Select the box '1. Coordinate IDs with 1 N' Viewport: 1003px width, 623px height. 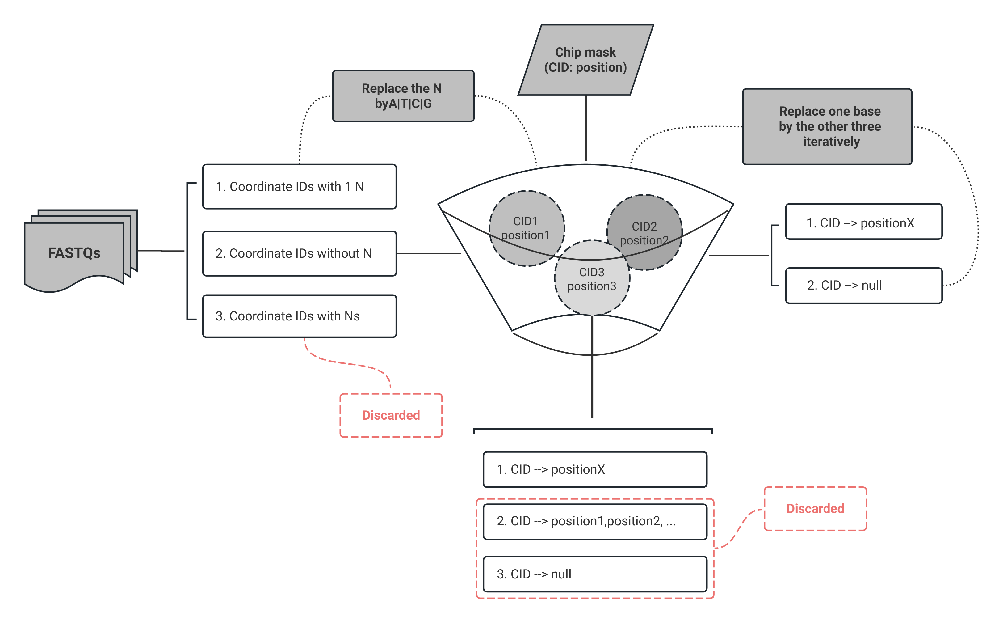(x=299, y=187)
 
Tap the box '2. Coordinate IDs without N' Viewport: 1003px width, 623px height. (x=299, y=253)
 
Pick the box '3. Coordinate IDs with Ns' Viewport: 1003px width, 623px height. (x=299, y=316)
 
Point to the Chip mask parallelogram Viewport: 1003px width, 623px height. (x=585, y=60)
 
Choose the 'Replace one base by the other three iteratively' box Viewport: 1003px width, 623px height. (x=827, y=126)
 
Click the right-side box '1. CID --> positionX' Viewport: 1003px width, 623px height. (x=863, y=222)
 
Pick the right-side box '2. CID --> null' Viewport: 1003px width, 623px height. (x=863, y=286)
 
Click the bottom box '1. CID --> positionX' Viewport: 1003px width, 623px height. (x=595, y=469)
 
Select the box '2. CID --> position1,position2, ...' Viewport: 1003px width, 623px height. (x=595, y=521)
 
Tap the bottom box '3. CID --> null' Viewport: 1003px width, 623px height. (x=595, y=574)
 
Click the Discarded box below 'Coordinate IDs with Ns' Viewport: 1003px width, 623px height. (x=391, y=415)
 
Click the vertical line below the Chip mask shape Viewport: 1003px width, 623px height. (x=585, y=128)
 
